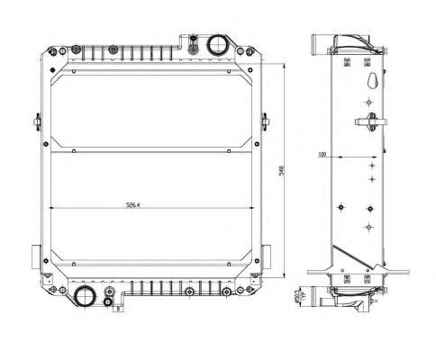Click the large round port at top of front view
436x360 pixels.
217,45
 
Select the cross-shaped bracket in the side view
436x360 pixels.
367,121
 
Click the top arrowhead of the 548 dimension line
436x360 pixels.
286,64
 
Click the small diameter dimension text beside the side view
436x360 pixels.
298,297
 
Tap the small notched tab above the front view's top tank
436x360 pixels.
192,37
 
